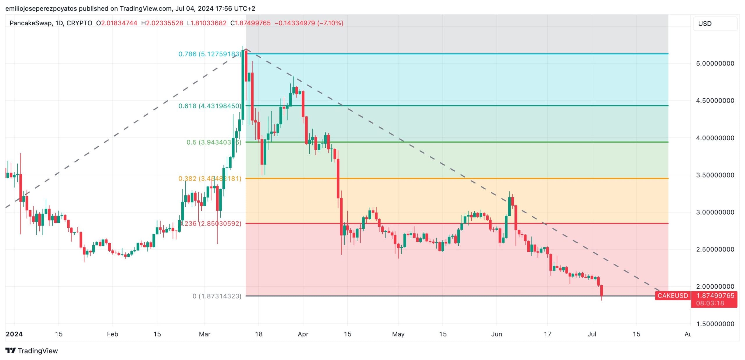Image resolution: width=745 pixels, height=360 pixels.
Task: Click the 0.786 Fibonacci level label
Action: pos(210,54)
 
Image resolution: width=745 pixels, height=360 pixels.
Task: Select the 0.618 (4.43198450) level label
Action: pos(210,106)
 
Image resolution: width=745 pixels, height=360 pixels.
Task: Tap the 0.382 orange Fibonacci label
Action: pos(210,178)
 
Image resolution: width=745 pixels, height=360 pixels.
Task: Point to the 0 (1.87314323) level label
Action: pos(217,296)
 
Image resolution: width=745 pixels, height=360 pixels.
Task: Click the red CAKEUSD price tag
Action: pos(673,296)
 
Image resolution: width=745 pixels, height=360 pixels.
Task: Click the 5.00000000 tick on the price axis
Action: pos(715,63)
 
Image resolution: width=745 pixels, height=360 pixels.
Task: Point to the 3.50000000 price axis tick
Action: pos(715,175)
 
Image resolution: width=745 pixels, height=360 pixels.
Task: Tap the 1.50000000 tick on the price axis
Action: pos(715,324)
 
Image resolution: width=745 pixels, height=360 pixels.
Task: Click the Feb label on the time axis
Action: pos(112,334)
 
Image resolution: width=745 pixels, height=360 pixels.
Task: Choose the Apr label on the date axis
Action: pos(303,334)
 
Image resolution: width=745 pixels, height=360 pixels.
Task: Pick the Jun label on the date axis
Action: pos(496,334)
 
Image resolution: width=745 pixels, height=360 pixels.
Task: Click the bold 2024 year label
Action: pos(14,334)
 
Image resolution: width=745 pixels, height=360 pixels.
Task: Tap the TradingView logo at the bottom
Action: pos(32,351)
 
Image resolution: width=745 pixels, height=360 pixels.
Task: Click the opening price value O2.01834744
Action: pos(117,23)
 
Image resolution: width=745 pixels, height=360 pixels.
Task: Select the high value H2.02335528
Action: pos(162,23)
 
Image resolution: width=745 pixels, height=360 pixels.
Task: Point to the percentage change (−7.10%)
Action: pos(330,23)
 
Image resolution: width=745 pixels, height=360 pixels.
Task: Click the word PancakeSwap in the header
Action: pos(31,23)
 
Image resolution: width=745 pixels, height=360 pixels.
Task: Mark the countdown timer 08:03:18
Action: pos(710,303)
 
